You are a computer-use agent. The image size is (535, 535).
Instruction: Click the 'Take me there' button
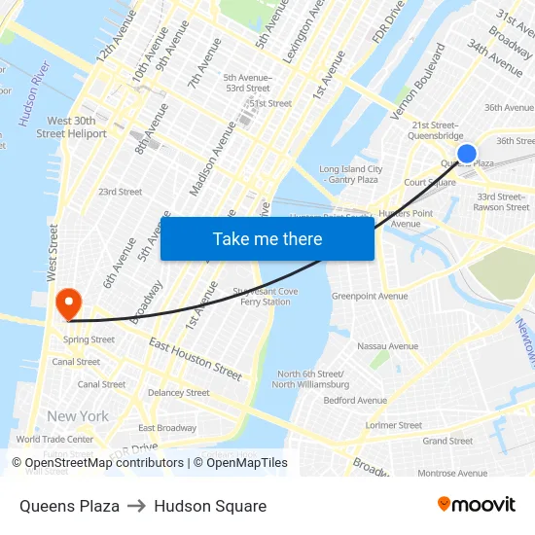pos(267,238)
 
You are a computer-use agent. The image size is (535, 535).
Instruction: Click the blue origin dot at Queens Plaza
pos(467,154)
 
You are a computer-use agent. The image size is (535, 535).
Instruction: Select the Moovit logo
pos(476,504)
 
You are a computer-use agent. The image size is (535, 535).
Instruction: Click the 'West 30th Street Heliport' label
pos(71,127)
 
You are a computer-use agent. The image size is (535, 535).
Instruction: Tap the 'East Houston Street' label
pos(196,359)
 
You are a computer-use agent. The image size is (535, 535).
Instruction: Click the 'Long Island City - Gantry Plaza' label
pos(350,174)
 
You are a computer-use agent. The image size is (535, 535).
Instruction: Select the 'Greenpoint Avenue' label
pos(370,296)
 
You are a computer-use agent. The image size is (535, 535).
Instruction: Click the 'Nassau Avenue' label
pos(387,346)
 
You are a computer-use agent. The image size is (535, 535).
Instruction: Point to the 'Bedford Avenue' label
pos(355,400)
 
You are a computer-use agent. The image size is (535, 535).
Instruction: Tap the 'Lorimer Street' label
pos(394,425)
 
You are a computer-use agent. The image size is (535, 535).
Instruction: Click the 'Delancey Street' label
pos(178,393)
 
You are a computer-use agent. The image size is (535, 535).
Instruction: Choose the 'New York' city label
pos(78,416)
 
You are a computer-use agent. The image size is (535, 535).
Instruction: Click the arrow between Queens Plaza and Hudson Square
pos(136,506)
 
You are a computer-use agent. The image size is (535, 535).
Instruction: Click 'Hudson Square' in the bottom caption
pos(210,506)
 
